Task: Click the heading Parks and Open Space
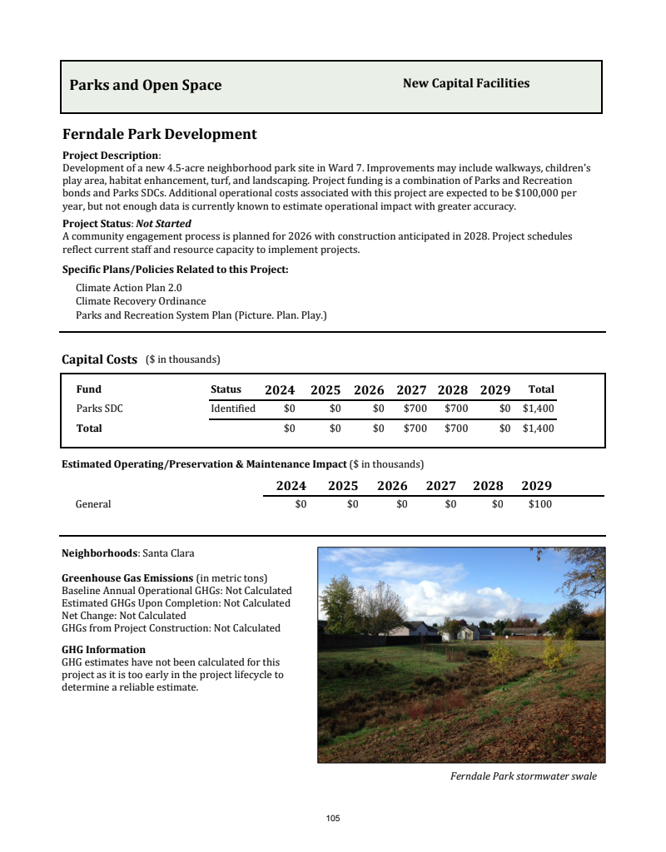(146, 85)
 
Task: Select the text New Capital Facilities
(466, 83)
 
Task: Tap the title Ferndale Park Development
(160, 134)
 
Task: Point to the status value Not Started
(164, 224)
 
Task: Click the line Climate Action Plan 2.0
(129, 288)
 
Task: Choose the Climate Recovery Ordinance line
(141, 301)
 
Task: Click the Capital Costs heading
(99, 359)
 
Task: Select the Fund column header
(89, 389)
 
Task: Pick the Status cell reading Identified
(233, 409)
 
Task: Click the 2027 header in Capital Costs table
(411, 390)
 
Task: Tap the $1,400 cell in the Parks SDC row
(538, 409)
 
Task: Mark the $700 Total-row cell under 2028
(456, 428)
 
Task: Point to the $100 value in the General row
(539, 504)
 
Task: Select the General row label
(93, 504)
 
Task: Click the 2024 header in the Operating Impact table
(291, 486)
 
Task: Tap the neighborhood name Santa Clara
(168, 553)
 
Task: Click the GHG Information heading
(104, 650)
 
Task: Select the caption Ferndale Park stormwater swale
(524, 776)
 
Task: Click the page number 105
(333, 819)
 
